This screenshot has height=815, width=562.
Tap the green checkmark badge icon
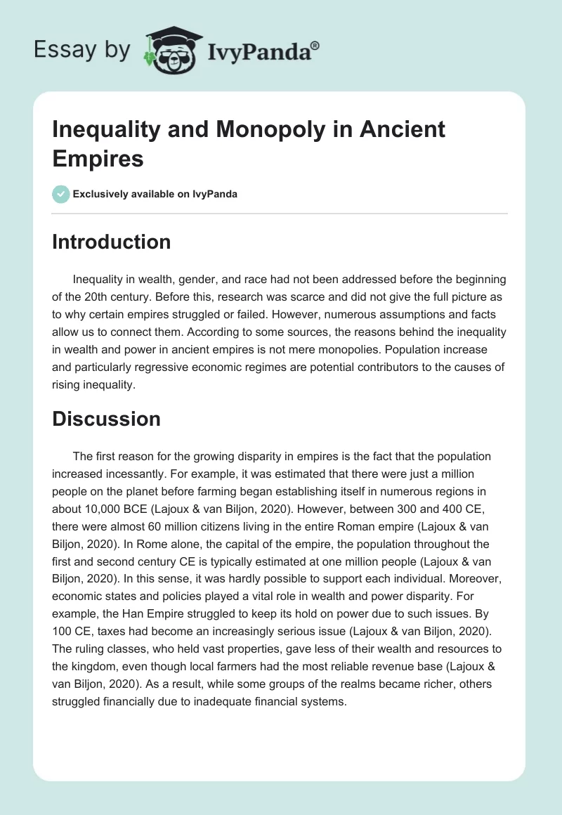click(61, 194)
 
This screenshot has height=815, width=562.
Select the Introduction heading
click(111, 242)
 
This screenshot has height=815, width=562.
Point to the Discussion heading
click(106, 419)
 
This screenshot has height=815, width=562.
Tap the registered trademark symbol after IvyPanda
click(315, 44)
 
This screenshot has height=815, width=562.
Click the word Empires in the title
click(98, 158)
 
